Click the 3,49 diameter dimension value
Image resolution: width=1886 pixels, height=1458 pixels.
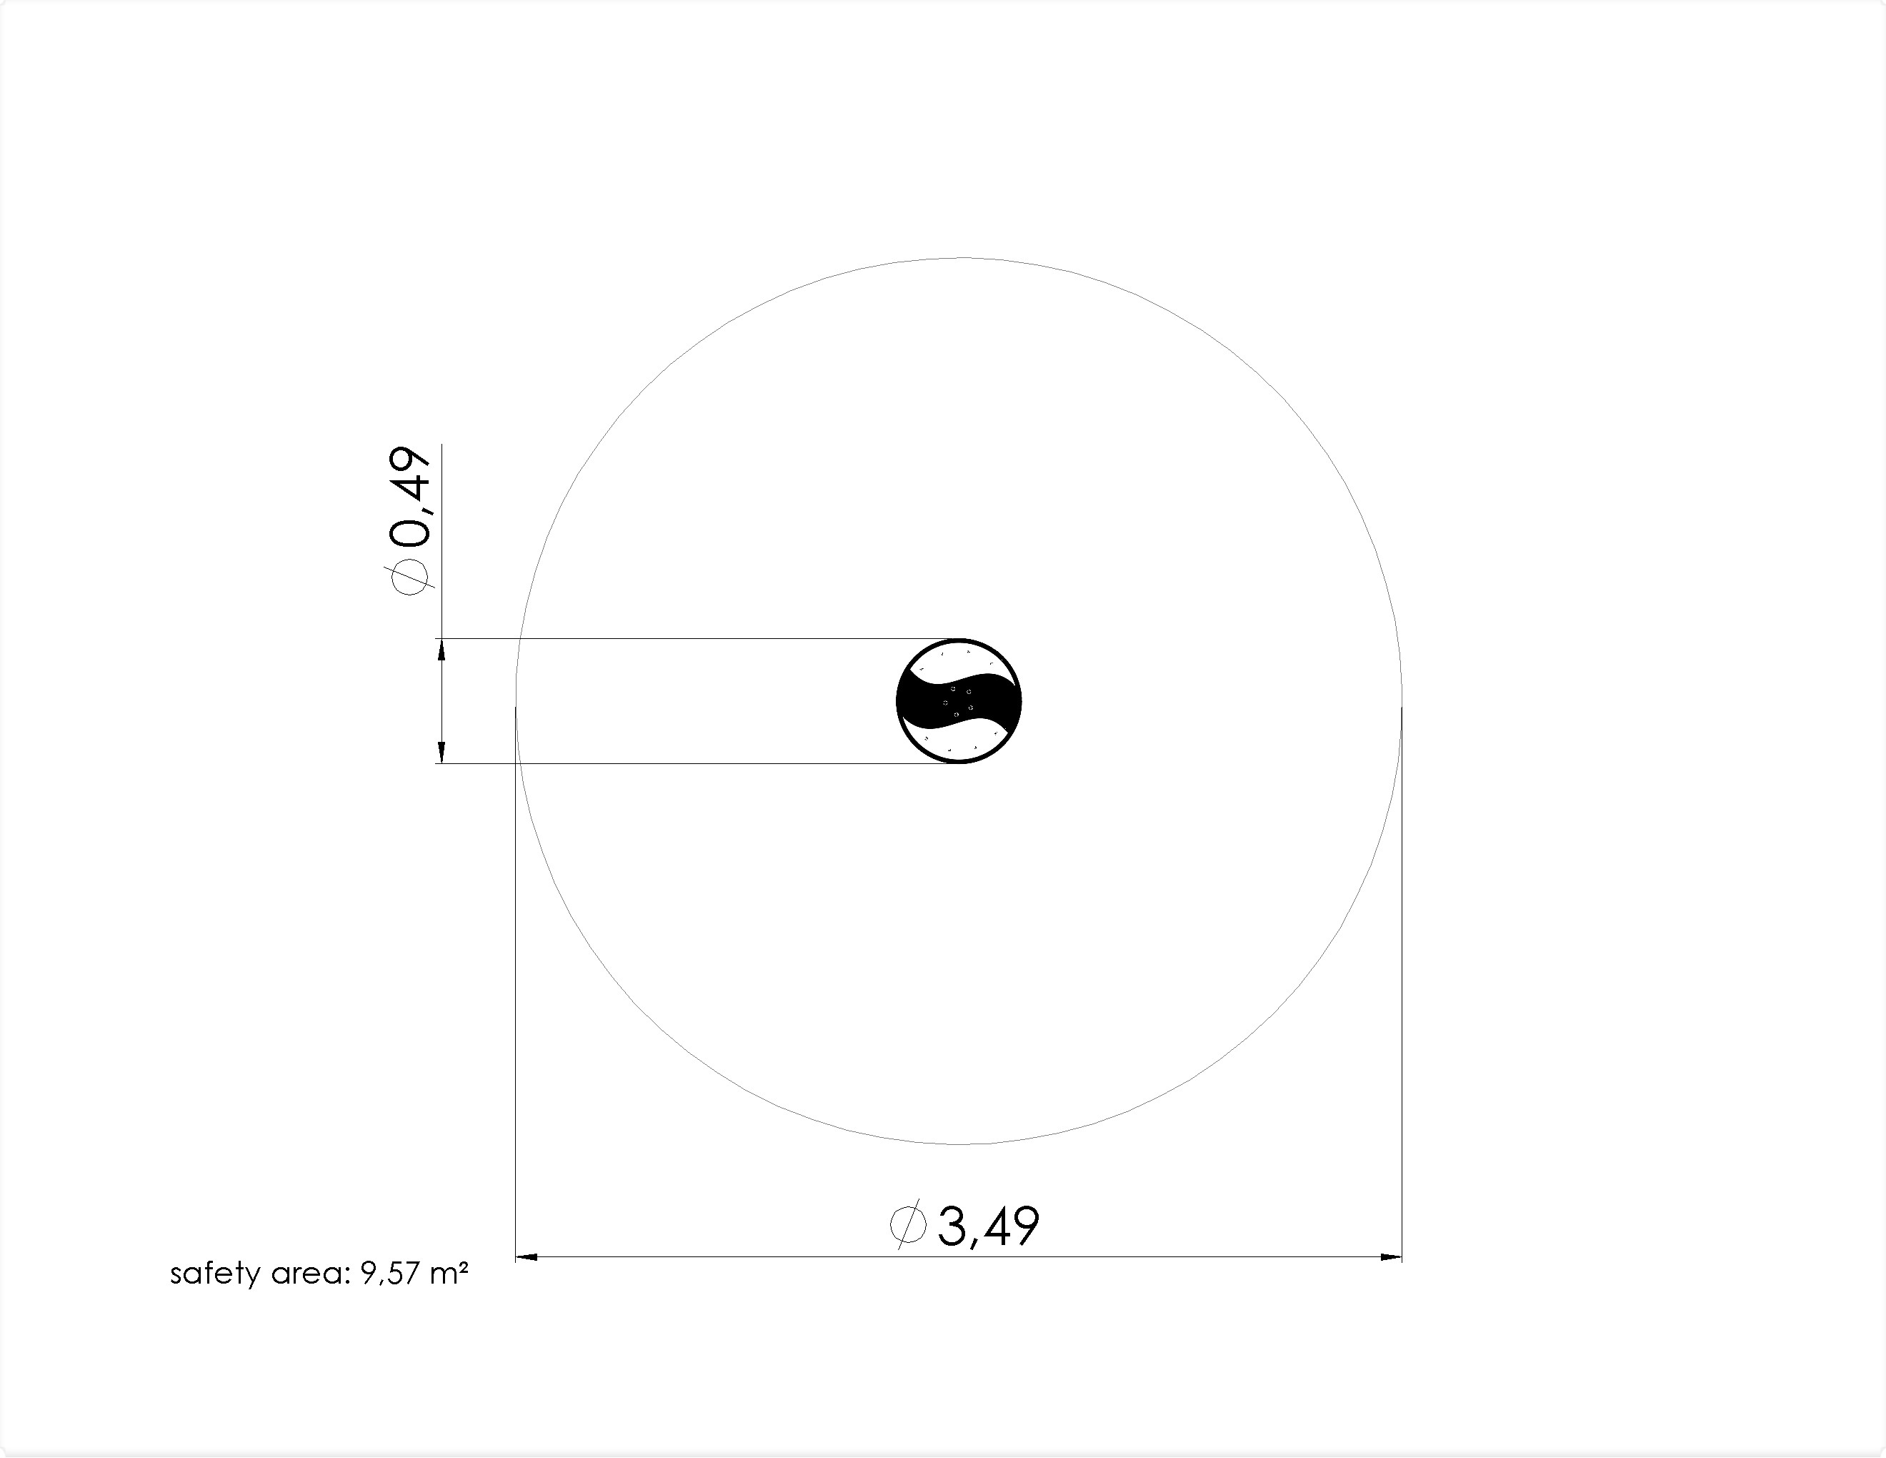(x=988, y=1226)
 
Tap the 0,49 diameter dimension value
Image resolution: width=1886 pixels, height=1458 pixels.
(x=409, y=497)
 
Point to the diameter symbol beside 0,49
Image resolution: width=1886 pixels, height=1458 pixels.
(x=409, y=575)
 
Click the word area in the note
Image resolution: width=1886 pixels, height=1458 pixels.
(x=306, y=1276)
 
